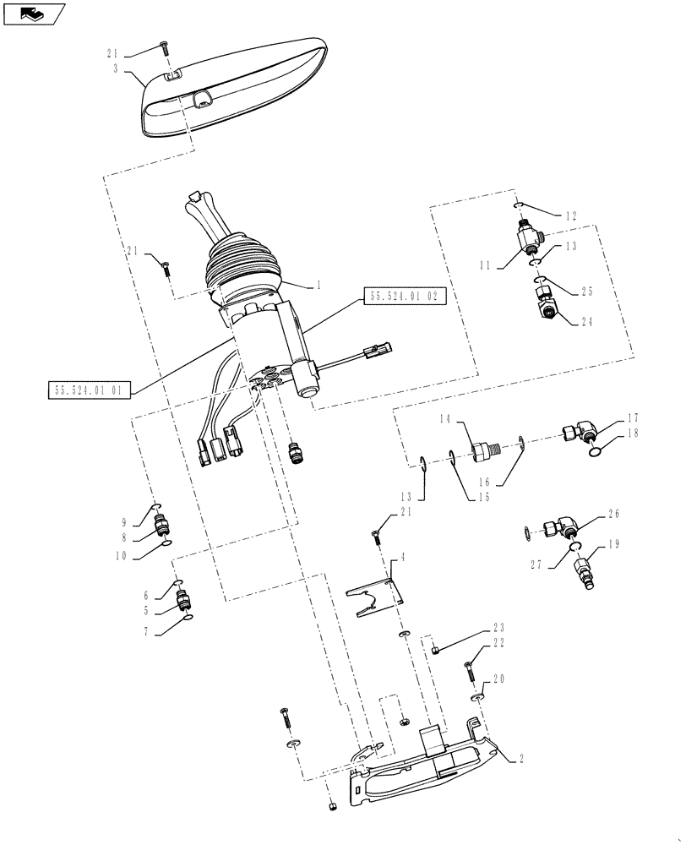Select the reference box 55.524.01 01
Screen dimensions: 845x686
(x=87, y=389)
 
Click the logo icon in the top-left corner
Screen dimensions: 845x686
(x=33, y=14)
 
